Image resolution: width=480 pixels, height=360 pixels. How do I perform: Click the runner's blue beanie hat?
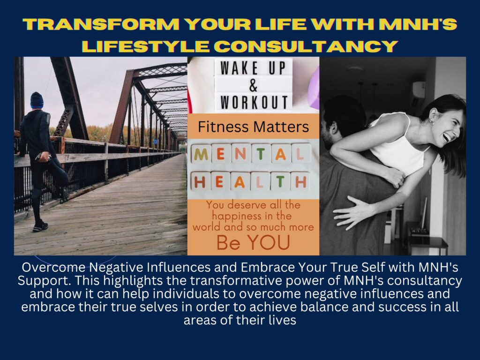click(37, 100)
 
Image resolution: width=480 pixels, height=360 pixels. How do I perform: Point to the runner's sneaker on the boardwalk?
click(40, 226)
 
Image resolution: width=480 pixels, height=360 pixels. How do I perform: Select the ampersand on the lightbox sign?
click(253, 85)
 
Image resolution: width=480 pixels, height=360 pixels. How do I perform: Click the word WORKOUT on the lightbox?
click(254, 102)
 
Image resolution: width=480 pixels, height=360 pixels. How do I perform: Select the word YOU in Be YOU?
click(269, 242)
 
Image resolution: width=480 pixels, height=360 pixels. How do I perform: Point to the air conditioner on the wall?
click(419, 90)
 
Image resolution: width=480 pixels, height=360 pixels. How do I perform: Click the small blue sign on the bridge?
click(156, 142)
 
